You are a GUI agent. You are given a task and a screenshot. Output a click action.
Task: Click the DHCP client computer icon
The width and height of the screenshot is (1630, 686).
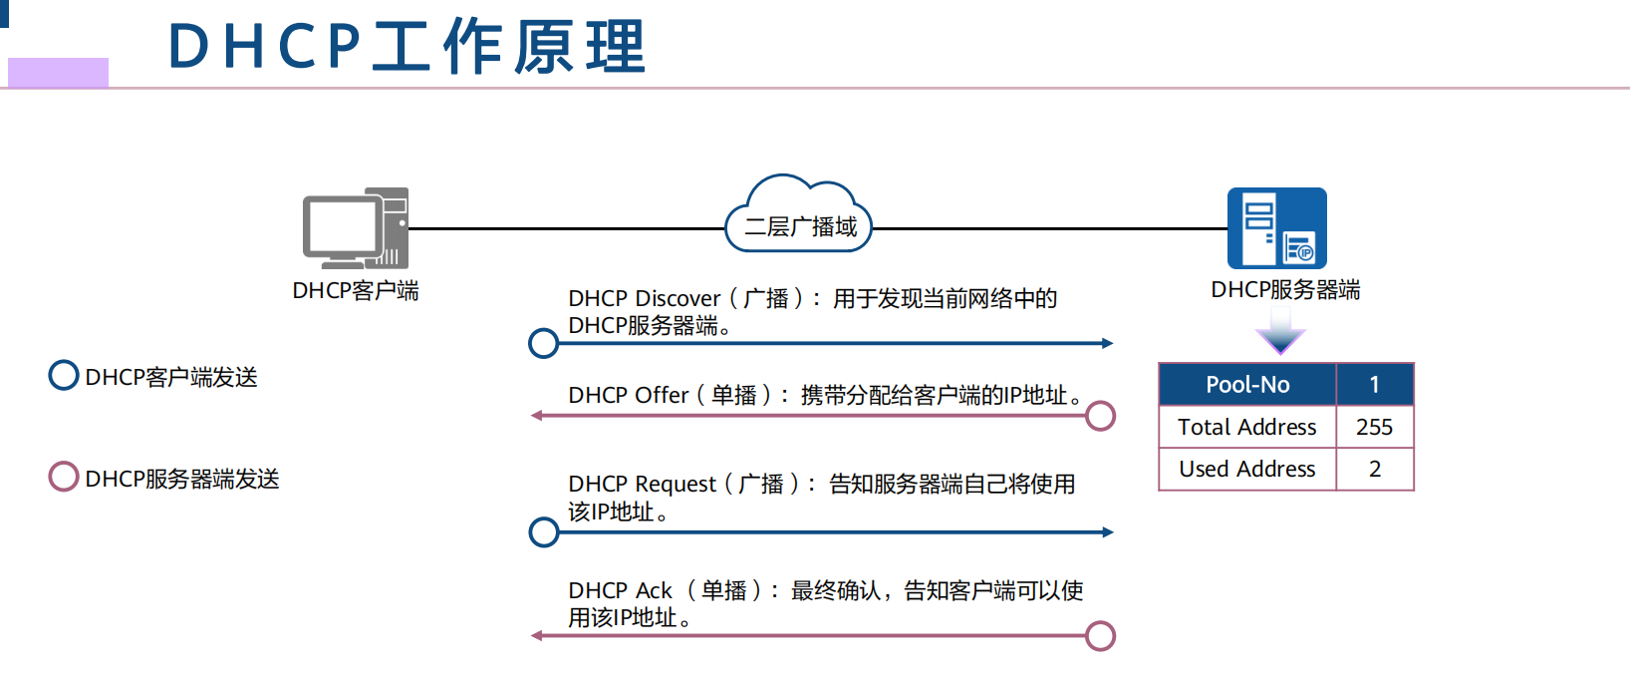pyautogui.click(x=356, y=228)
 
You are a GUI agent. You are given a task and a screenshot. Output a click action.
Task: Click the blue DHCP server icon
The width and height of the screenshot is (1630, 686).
pyautogui.click(x=1276, y=228)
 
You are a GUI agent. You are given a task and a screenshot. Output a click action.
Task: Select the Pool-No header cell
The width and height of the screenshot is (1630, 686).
pyautogui.click(x=1247, y=385)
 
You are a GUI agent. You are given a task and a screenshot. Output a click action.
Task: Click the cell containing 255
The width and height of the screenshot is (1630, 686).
pyautogui.click(x=1374, y=427)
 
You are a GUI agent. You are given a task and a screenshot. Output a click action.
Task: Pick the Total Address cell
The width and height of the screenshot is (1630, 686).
pyautogui.click(x=1247, y=427)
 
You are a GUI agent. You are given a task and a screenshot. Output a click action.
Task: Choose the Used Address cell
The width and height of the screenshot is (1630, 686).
pyautogui.click(x=1247, y=469)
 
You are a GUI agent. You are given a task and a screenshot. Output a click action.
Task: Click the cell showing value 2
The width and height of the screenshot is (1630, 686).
pyautogui.click(x=1374, y=469)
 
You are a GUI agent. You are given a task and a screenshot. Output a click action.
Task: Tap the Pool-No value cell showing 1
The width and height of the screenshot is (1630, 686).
pyautogui.click(x=1374, y=385)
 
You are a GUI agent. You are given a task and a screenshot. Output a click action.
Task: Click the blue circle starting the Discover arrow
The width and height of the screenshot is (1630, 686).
pyautogui.click(x=544, y=343)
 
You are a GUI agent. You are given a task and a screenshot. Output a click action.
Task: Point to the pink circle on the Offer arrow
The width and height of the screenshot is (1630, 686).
pyautogui.click(x=1100, y=416)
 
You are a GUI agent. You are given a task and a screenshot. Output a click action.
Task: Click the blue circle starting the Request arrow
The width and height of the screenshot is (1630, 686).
pyautogui.click(x=544, y=532)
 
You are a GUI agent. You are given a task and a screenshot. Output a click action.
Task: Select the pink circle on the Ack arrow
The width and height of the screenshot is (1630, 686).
pyautogui.click(x=1100, y=636)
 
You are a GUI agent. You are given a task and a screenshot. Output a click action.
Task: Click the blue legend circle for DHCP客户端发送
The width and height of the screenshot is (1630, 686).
pyautogui.click(x=64, y=376)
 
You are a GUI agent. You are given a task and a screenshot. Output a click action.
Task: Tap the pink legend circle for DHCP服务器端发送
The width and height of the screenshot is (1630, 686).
pyautogui.click(x=64, y=477)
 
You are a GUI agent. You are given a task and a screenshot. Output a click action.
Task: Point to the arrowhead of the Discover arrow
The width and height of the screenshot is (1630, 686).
pyautogui.click(x=1107, y=343)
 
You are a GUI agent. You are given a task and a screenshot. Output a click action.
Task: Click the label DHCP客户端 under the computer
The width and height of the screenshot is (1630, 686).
pyautogui.click(x=356, y=291)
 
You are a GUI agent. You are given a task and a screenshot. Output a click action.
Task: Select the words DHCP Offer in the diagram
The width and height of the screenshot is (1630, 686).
pyautogui.click(x=628, y=396)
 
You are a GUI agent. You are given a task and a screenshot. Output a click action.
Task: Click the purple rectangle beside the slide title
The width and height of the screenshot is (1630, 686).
pyautogui.click(x=58, y=72)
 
